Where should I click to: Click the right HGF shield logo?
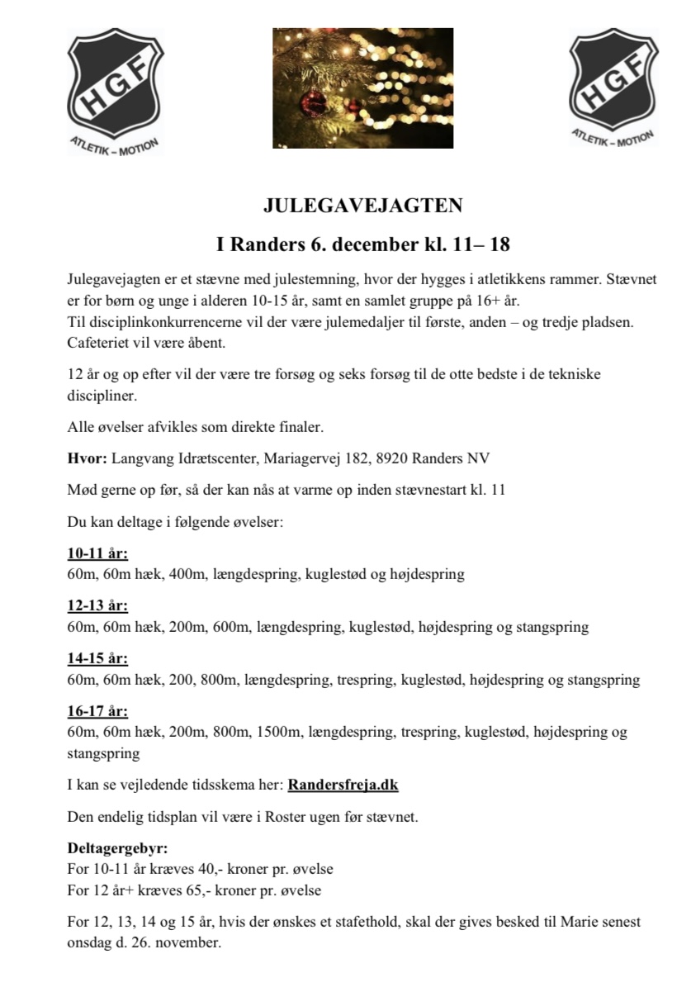pyautogui.click(x=612, y=79)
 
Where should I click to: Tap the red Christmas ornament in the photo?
pyautogui.click(x=315, y=102)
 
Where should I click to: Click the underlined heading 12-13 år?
pyautogui.click(x=97, y=606)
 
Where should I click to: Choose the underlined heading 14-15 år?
pyautogui.click(x=97, y=659)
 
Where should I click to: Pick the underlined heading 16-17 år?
pyautogui.click(x=97, y=712)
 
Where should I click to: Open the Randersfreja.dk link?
pyautogui.click(x=343, y=785)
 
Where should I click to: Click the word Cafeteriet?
pyautogui.click(x=97, y=340)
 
